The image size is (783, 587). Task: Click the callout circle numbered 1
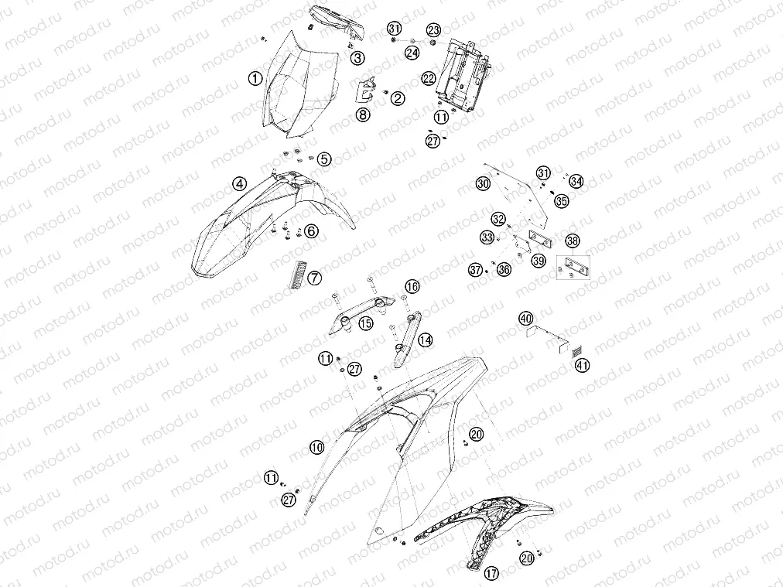coord(255,78)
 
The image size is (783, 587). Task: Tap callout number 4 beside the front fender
coord(240,184)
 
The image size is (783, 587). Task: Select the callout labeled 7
coord(315,278)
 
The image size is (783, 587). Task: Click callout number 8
coord(363,114)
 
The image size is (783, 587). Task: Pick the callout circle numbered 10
coord(317,447)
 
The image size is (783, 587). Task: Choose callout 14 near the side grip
coord(426,340)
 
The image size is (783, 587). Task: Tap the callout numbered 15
coord(366,323)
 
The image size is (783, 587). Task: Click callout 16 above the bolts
coord(412,286)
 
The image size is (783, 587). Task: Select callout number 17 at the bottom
coord(492,573)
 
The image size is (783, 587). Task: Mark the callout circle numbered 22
coord(429,78)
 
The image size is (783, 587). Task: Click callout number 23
coord(433,30)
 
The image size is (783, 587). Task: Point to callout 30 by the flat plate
coord(483,184)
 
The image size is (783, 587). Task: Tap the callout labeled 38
coord(573,241)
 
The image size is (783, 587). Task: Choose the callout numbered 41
coord(583,365)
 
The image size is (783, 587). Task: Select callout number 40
coord(526,318)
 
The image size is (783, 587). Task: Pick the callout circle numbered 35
coord(562,200)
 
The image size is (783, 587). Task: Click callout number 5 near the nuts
coord(325,159)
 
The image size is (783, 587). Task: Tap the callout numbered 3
coord(357,58)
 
